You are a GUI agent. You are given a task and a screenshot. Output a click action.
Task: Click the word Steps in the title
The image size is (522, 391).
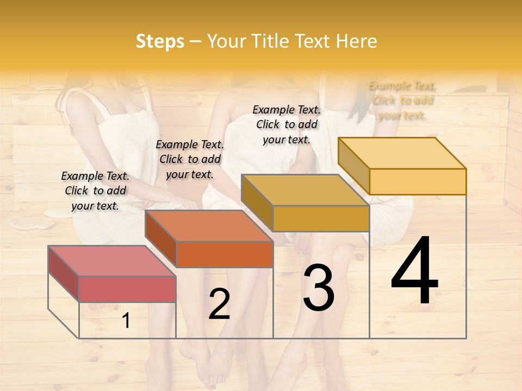[159, 41]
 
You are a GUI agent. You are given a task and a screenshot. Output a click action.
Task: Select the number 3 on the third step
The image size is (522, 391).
[318, 288]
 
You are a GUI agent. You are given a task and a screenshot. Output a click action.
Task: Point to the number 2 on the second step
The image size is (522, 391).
[219, 304]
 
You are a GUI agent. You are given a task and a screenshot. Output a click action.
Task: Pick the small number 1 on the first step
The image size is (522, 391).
[126, 321]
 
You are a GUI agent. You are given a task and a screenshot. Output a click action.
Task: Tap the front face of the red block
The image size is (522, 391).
[127, 289]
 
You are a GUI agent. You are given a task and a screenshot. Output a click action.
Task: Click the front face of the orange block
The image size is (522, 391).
[224, 254]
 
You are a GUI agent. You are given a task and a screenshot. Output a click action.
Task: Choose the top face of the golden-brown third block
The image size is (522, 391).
[305, 190]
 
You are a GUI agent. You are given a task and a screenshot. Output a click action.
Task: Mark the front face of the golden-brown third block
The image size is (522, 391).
[321, 218]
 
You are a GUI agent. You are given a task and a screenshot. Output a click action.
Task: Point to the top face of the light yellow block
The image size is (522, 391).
[402, 153]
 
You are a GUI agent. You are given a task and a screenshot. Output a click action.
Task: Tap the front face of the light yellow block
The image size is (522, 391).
[418, 181]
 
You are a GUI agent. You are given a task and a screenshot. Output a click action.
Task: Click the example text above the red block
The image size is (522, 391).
[95, 191]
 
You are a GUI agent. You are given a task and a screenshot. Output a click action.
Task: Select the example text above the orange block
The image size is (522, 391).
[190, 159]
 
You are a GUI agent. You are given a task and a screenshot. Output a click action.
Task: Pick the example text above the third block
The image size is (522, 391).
[287, 124]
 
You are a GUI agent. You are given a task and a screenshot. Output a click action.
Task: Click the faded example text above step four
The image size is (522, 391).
[402, 100]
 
